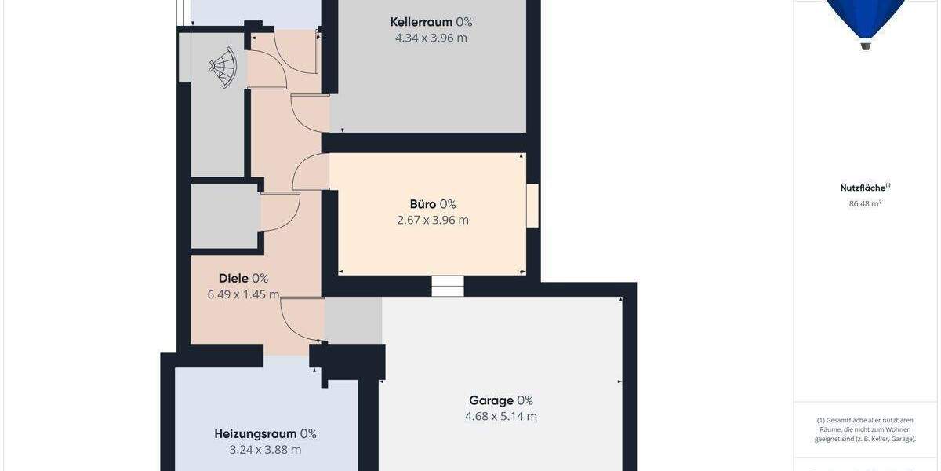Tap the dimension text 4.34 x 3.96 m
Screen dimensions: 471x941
[431, 38]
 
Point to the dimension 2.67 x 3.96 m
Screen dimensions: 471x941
[433, 220]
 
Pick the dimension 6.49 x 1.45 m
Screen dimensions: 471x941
[243, 294]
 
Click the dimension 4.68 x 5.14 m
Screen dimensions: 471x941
[500, 416]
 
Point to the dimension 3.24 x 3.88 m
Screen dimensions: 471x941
[265, 450]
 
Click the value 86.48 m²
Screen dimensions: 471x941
[865, 203]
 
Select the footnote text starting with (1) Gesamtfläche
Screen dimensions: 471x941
[865, 429]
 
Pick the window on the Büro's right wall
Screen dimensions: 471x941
[532, 206]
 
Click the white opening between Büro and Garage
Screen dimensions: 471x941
[448, 286]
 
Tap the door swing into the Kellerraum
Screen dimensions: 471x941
[310, 112]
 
